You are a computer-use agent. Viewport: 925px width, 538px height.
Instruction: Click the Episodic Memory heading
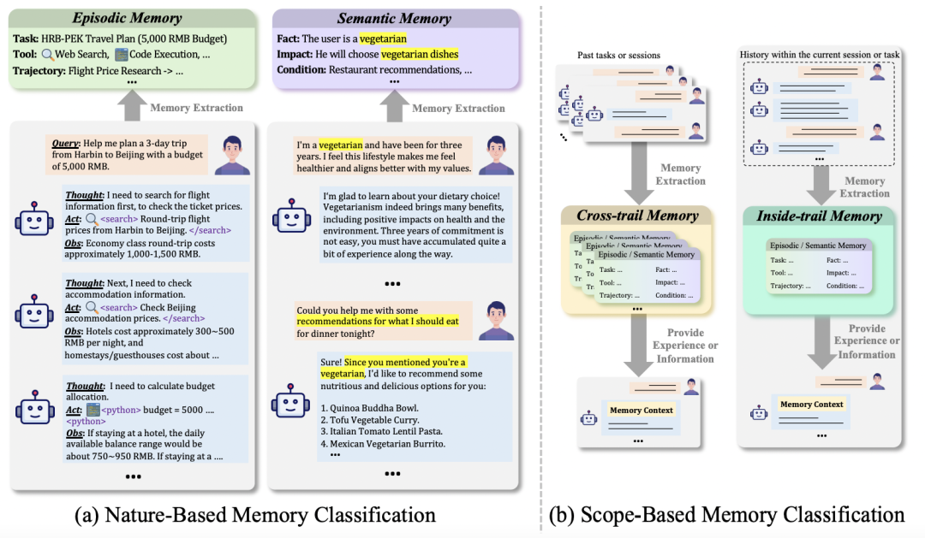126,18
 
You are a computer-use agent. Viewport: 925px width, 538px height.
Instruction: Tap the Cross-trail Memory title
637,216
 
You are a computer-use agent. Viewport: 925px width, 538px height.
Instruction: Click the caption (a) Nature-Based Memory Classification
255,515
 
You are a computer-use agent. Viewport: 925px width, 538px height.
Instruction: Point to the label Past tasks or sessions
619,56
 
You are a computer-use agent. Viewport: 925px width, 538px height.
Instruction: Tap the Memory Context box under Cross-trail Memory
641,411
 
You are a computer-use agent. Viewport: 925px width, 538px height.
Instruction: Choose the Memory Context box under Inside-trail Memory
811,405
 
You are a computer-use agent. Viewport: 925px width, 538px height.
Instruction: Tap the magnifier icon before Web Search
48,54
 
